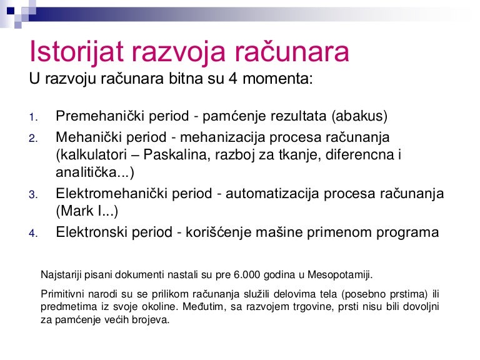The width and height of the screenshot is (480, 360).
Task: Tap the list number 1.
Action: [33, 117]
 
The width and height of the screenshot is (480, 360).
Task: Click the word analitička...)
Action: [95, 172]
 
